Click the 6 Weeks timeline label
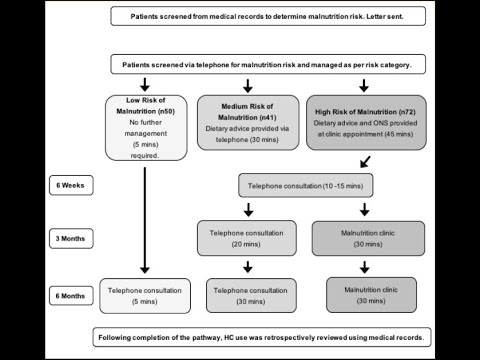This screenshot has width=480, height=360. click(73, 185)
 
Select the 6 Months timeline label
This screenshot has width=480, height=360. click(73, 296)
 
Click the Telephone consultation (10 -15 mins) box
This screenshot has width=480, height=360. click(305, 185)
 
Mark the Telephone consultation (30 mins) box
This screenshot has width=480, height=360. click(246, 295)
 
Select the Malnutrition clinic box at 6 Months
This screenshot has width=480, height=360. click(364, 295)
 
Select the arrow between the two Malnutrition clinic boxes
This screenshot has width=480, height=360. click(364, 266)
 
